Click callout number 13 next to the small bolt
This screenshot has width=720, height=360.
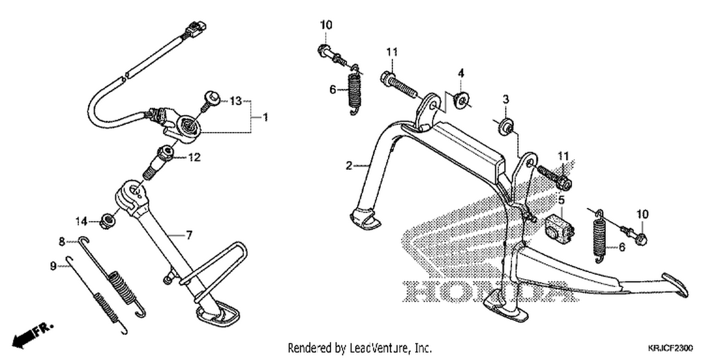[236, 101]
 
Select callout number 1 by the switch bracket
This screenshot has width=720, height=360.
[265, 117]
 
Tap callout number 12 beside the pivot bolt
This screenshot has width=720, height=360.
[194, 157]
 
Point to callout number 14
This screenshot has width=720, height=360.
[81, 221]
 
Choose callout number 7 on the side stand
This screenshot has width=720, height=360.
[189, 235]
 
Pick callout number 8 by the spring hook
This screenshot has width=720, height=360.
[62, 241]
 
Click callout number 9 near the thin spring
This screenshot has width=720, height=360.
[53, 266]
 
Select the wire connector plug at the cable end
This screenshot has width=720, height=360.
[195, 28]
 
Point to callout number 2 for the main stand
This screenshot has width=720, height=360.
[349, 166]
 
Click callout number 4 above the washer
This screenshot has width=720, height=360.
[461, 73]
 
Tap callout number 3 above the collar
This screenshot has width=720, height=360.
[506, 99]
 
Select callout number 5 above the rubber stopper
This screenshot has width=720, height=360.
[561, 200]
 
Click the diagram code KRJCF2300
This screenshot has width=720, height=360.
[670, 348]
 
